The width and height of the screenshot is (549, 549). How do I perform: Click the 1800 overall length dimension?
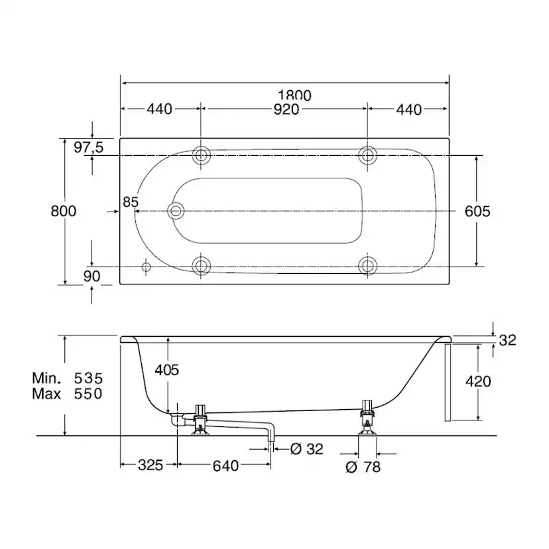[x=294, y=95]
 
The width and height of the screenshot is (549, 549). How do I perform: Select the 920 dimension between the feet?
[x=286, y=109]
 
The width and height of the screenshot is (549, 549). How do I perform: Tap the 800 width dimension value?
[x=64, y=211]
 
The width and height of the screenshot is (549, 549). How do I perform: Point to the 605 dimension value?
[x=477, y=212]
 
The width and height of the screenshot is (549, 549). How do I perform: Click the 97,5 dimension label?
[x=89, y=147]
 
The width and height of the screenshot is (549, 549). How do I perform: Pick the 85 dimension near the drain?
[x=131, y=202]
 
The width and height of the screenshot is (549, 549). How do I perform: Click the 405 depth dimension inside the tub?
[x=166, y=370]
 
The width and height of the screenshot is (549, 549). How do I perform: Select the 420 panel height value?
[x=478, y=381]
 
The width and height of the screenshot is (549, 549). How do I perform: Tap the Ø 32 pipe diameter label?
[x=307, y=449]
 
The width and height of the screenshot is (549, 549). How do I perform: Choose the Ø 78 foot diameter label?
[x=363, y=467]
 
